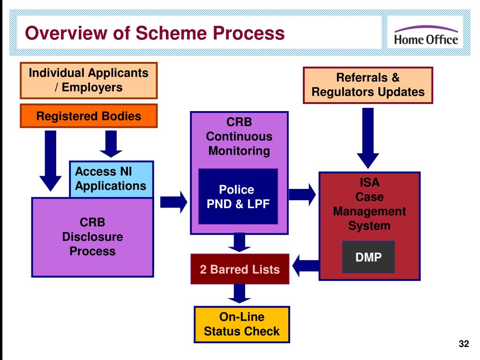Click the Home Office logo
(x=426, y=36)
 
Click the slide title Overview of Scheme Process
(x=155, y=33)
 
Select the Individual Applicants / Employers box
(x=89, y=81)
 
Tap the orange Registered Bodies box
(x=89, y=116)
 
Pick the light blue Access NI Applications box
(x=111, y=179)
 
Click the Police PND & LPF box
(x=238, y=196)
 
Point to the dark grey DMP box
(x=368, y=257)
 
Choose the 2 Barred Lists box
(x=240, y=269)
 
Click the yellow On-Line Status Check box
(x=242, y=324)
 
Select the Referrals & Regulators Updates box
(x=368, y=85)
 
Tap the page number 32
(x=464, y=344)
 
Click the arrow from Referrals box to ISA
(x=368, y=138)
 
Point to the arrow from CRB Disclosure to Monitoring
(x=173, y=202)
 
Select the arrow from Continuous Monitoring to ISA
(x=302, y=195)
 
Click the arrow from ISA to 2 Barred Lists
(x=306, y=266)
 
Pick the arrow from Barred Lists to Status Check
(x=240, y=293)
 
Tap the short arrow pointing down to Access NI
(x=111, y=144)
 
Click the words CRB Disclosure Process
(x=92, y=237)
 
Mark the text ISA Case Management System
(x=369, y=204)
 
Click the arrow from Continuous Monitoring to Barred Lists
(x=240, y=242)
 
